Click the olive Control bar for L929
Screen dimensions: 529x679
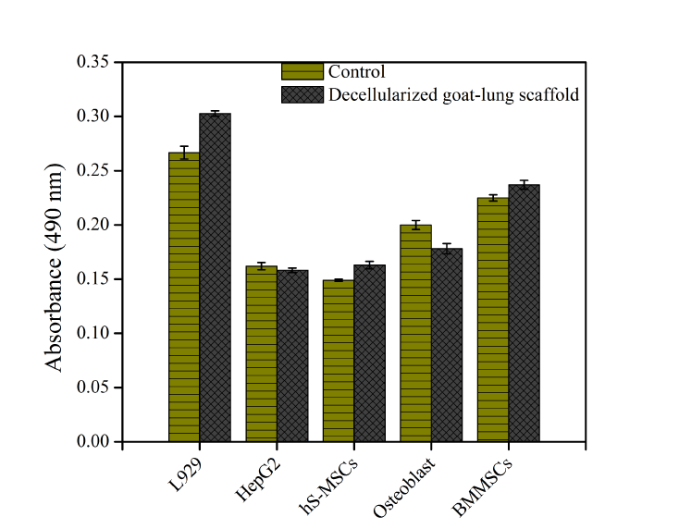coord(184,296)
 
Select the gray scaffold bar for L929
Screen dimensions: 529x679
coord(215,277)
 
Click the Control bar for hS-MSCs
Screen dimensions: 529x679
coord(338,361)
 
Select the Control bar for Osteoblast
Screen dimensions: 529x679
coord(415,333)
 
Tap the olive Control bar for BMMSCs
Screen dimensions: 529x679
coord(492,319)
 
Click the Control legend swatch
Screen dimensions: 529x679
coord(302,72)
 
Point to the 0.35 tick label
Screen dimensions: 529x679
coord(93,63)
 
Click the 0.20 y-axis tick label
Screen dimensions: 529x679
coord(93,225)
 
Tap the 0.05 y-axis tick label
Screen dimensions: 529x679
coord(93,388)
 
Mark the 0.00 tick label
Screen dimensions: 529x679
coord(93,442)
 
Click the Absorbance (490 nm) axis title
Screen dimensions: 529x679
coord(56,266)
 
